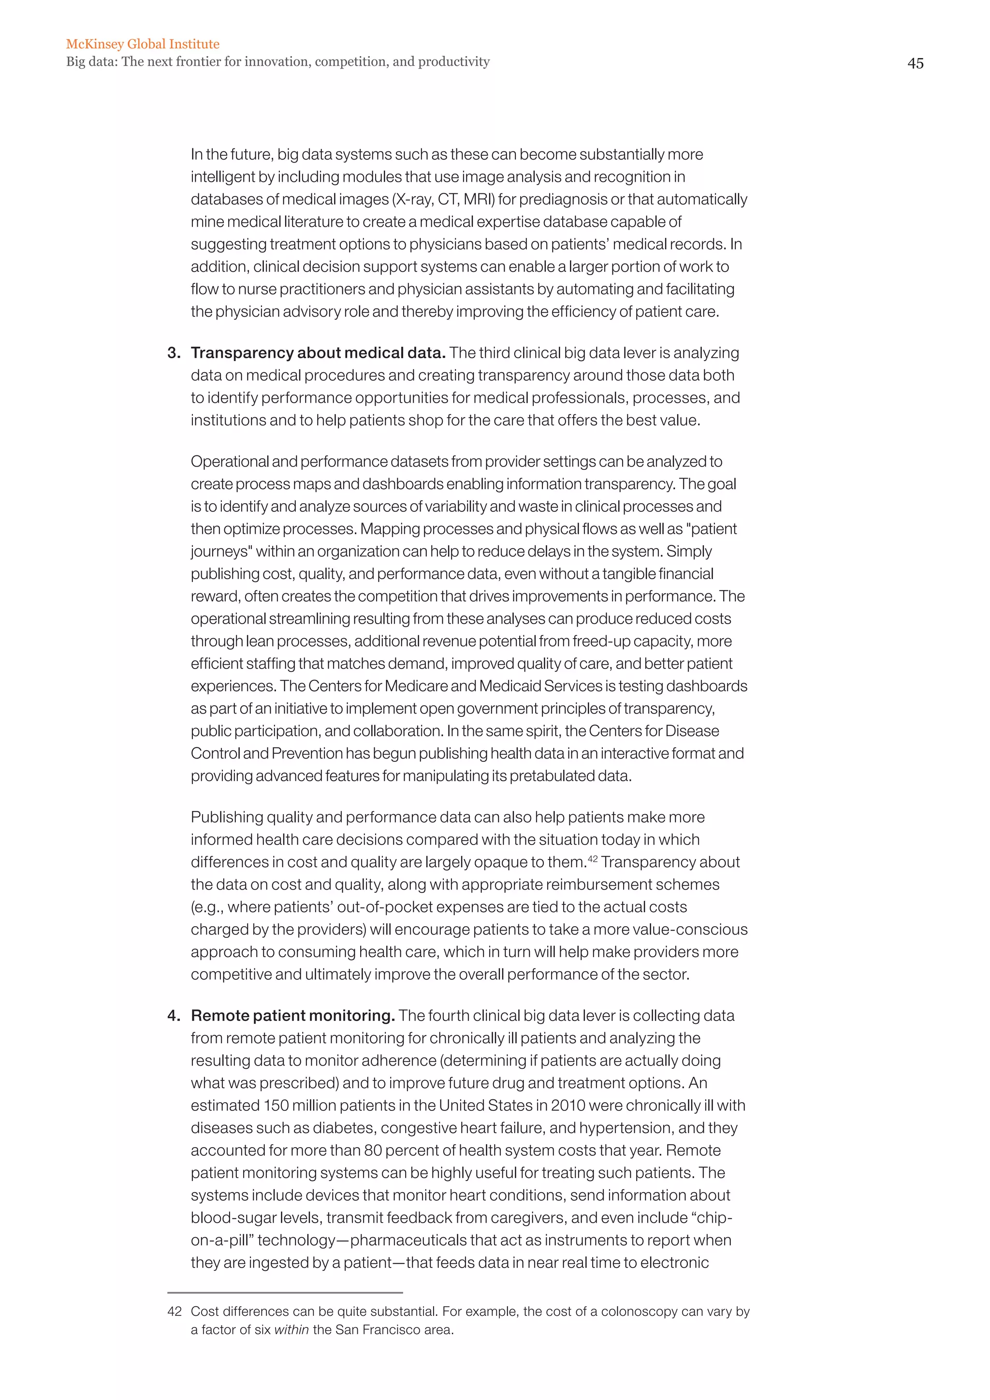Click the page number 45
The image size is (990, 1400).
pos(915,63)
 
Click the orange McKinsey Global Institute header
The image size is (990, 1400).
pos(143,44)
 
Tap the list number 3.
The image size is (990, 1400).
pos(173,353)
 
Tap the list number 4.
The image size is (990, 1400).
pos(173,1016)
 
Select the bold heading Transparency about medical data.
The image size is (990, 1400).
pos(318,353)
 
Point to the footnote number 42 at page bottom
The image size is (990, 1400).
pos(175,1311)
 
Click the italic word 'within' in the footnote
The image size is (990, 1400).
pos(291,1330)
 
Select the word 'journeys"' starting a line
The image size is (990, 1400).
pos(221,552)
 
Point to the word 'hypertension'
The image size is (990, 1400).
pos(626,1128)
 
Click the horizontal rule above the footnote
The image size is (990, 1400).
pos(285,1292)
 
